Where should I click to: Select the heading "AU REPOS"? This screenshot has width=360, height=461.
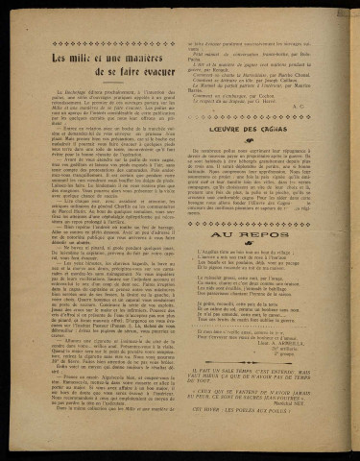coord(256,230)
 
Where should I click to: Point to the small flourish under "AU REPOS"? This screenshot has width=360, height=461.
coord(256,242)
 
